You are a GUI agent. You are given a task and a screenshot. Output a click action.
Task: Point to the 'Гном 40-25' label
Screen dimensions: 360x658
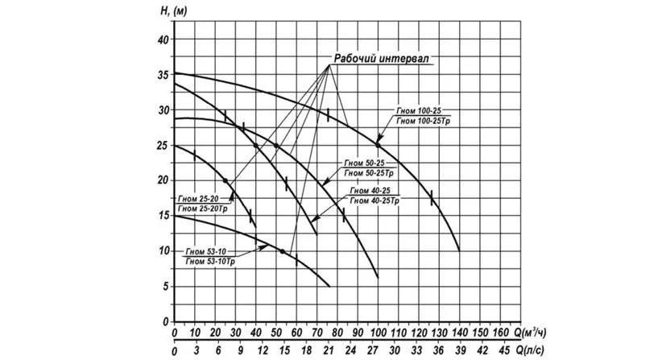[370, 191]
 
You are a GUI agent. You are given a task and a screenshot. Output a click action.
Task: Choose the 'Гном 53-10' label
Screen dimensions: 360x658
[205, 250]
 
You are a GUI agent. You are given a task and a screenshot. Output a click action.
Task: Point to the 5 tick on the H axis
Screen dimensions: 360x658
[164, 286]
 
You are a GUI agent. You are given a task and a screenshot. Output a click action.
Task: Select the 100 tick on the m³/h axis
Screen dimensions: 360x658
[378, 332]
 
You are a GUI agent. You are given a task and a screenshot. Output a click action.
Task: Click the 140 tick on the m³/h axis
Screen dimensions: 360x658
[459, 332]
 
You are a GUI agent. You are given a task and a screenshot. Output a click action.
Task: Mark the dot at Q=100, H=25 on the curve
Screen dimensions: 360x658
[378, 145]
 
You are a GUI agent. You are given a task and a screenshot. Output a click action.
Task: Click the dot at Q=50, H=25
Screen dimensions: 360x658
[276, 146]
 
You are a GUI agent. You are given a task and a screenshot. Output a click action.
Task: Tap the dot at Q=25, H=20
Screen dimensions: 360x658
[226, 180]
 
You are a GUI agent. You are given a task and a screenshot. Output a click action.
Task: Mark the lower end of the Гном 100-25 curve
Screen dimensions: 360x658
[459, 250]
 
